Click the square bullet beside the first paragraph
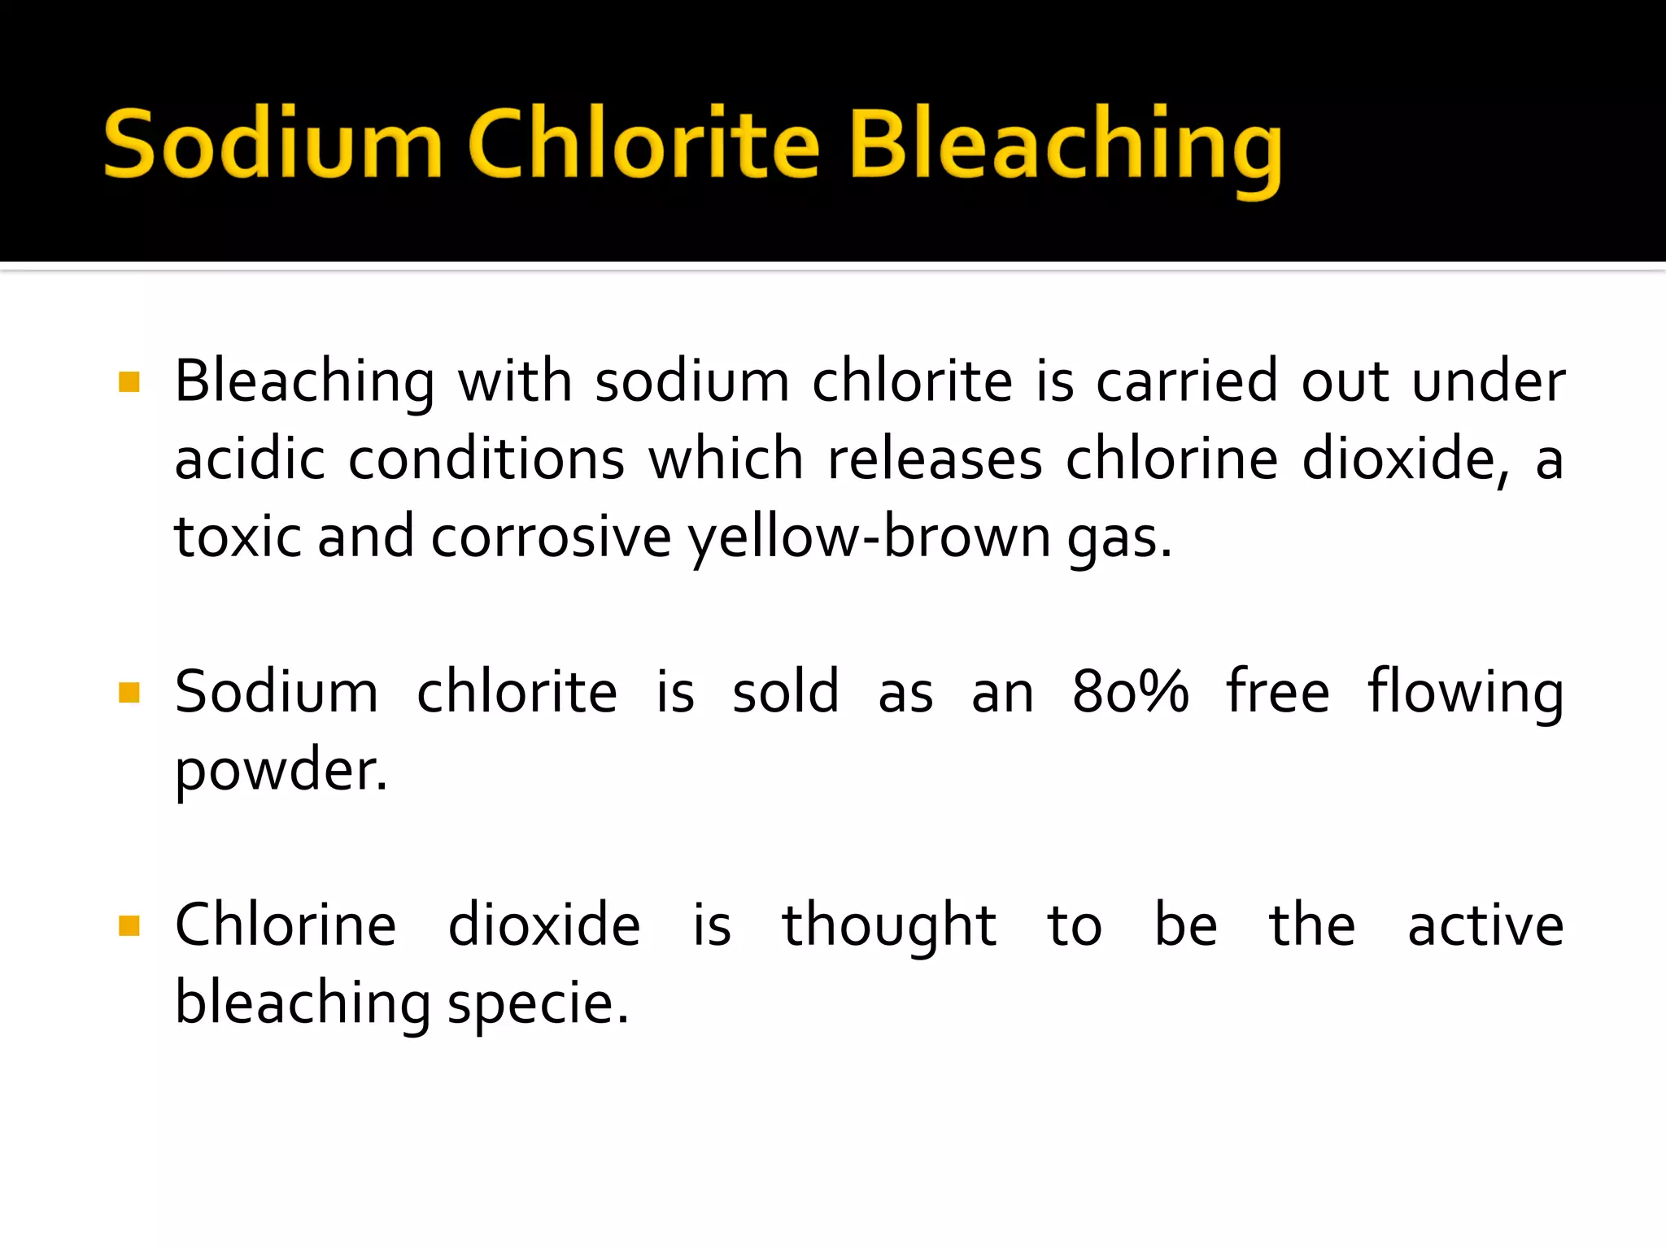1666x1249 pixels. click(129, 382)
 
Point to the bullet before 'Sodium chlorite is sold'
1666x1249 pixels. click(129, 693)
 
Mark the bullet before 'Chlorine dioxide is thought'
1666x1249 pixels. click(129, 925)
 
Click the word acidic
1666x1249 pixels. click(251, 459)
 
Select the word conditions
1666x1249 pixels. click(486, 459)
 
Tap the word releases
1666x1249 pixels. click(935, 459)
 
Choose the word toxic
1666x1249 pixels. click(238, 537)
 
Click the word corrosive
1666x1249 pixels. click(551, 537)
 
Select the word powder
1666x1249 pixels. click(281, 771)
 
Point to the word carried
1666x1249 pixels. click(1188, 382)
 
